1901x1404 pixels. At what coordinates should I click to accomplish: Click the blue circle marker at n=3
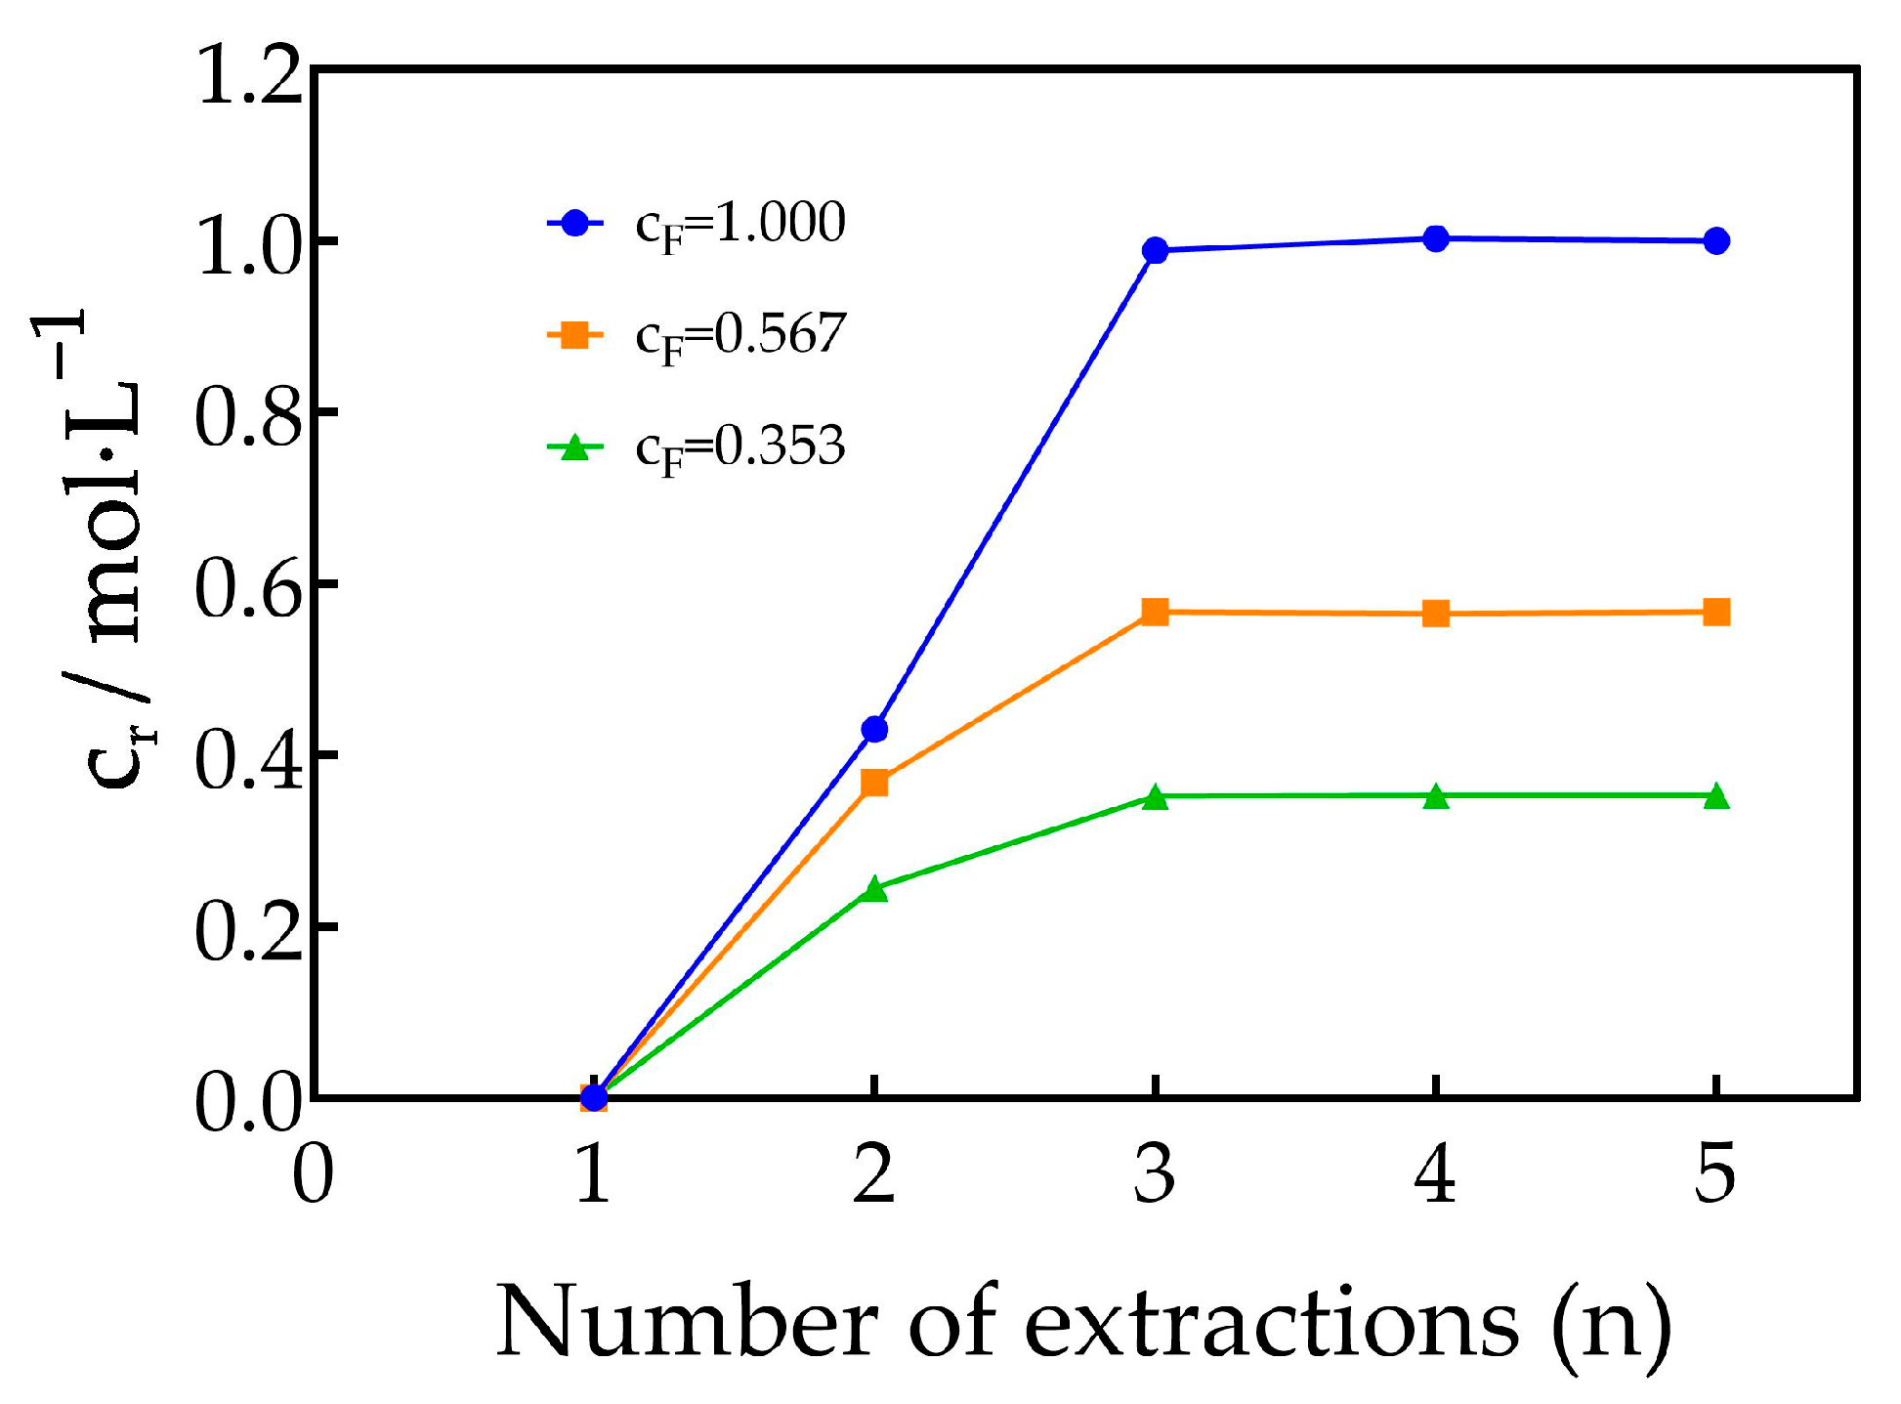[x=1155, y=250]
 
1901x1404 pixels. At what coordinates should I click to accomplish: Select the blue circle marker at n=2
[x=874, y=729]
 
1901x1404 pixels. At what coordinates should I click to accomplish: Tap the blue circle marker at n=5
[x=1716, y=240]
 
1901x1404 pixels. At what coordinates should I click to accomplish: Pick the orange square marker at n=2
[x=874, y=783]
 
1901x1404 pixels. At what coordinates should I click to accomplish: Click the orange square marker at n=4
[x=1435, y=614]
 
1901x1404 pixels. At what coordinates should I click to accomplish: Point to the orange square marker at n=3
[x=1155, y=613]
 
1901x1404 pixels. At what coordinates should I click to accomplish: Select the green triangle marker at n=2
[x=874, y=889]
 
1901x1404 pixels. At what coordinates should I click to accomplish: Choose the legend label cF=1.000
[x=739, y=225]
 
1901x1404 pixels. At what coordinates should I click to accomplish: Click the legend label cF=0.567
[x=739, y=336]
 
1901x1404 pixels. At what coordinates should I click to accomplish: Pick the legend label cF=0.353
[x=739, y=447]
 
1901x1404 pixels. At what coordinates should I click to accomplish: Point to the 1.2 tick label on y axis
[x=248, y=76]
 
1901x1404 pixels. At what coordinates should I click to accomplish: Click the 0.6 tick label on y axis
[x=248, y=590]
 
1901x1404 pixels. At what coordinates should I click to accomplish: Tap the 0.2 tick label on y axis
[x=248, y=933]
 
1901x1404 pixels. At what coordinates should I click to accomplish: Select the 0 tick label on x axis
[x=314, y=1174]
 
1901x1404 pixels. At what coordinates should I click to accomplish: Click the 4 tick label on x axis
[x=1435, y=1174]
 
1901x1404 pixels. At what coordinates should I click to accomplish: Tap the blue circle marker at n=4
[x=1435, y=238]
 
